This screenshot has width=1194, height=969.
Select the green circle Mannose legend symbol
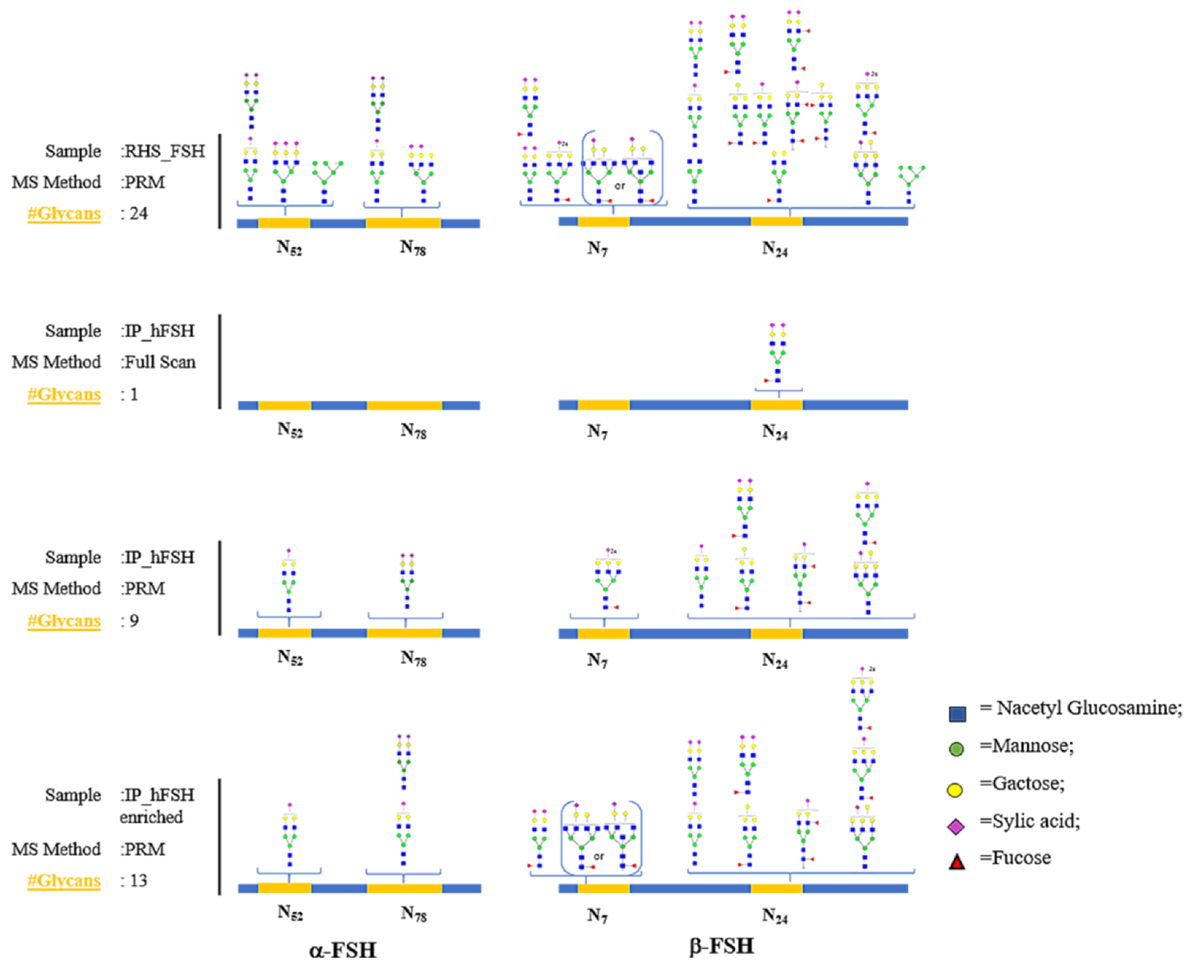point(956,749)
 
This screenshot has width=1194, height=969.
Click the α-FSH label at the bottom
point(343,949)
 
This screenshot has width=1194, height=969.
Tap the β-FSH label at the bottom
point(722,946)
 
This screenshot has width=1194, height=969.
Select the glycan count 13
point(138,880)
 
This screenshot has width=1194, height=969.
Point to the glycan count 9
point(134,621)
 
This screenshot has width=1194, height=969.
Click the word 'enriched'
point(151,817)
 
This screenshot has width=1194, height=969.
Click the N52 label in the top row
point(289,248)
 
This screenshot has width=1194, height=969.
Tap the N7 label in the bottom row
point(597,916)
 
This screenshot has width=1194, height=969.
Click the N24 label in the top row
point(775,249)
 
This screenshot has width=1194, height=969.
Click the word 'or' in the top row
point(620,186)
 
